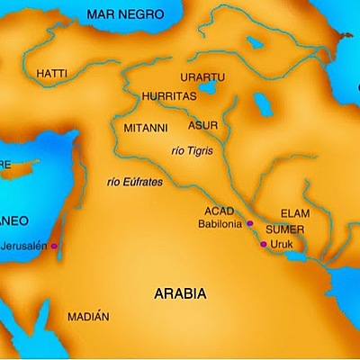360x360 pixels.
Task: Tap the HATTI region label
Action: [x=51, y=72]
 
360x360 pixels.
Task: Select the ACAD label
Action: [x=219, y=211]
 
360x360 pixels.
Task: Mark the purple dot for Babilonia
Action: [x=250, y=223]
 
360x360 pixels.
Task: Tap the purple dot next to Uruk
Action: [x=263, y=244]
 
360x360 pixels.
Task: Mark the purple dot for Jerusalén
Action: [x=54, y=246]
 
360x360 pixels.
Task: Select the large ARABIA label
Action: [x=179, y=294]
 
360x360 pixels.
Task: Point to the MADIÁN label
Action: [x=88, y=317]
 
